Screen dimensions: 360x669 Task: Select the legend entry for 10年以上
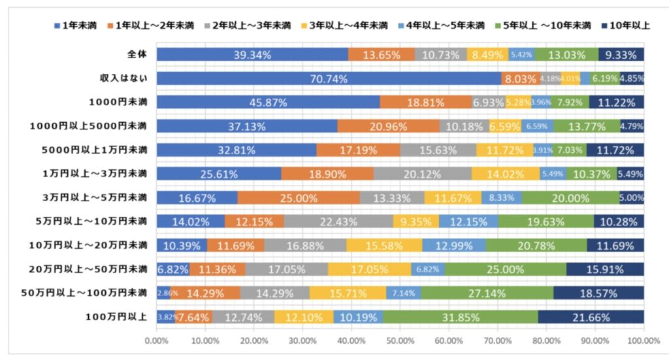[x=628, y=26]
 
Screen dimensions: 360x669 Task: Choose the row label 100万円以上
[x=117, y=317]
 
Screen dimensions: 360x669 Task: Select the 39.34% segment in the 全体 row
[x=252, y=55]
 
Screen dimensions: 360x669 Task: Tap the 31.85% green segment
[x=460, y=318]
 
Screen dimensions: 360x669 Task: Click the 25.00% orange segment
[x=299, y=198]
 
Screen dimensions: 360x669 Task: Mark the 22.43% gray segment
[x=338, y=222]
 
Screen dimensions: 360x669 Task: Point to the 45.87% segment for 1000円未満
[x=268, y=103]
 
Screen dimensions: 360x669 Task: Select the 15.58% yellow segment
[x=384, y=246]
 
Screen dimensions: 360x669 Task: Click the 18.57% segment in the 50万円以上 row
[x=598, y=293]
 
